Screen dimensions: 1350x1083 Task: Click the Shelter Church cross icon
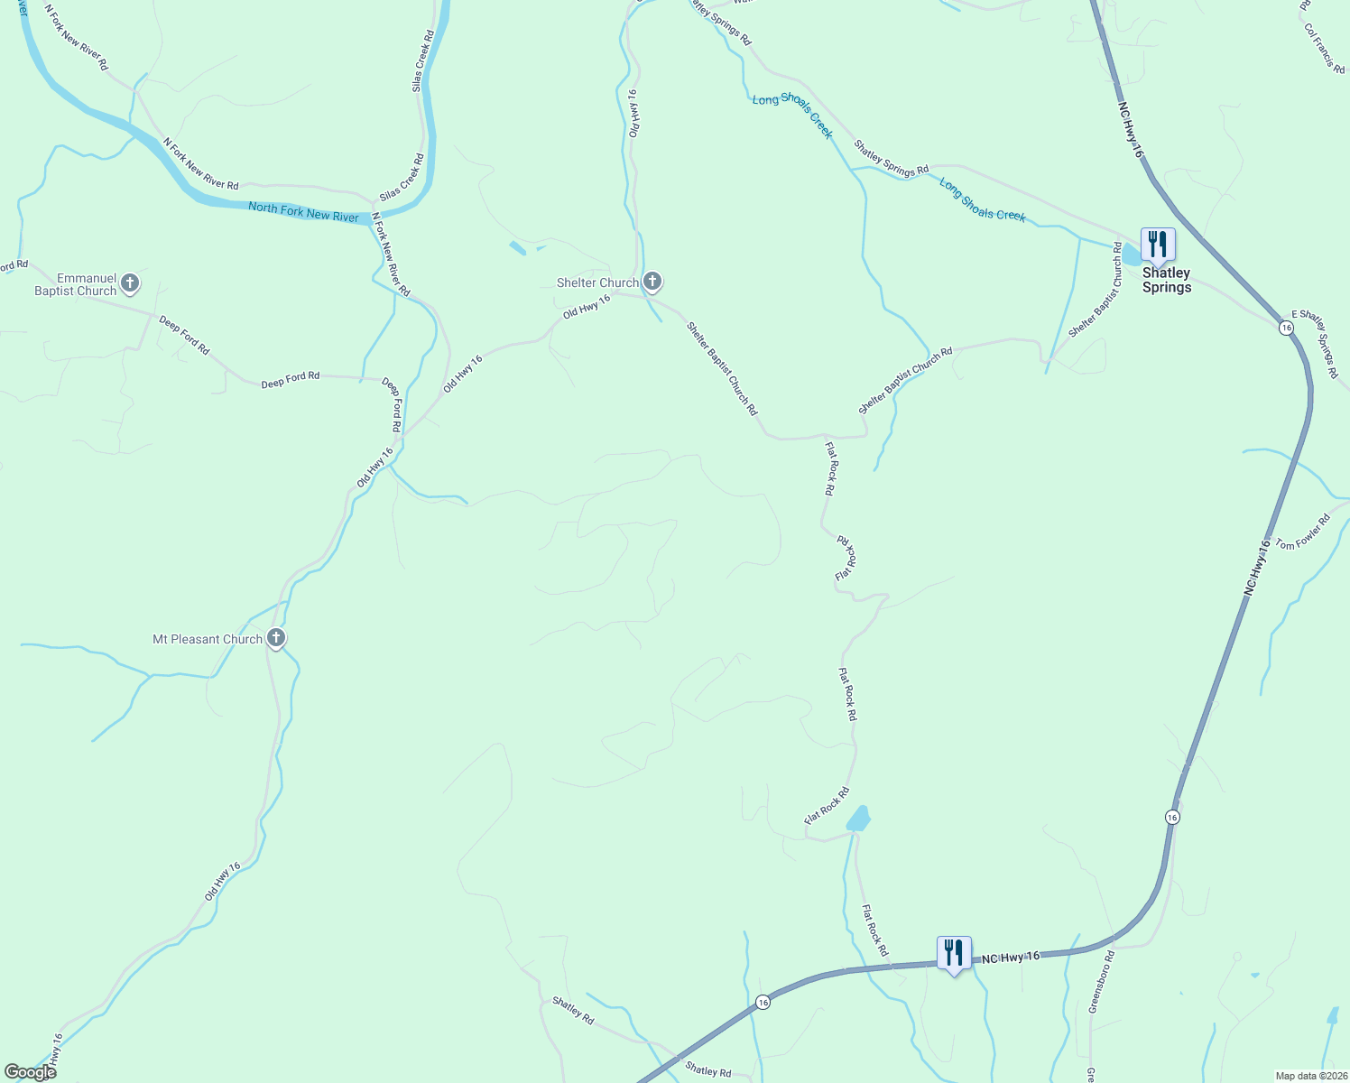(x=652, y=282)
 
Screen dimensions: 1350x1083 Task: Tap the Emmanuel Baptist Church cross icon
(x=130, y=284)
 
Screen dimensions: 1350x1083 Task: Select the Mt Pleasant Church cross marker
(x=276, y=638)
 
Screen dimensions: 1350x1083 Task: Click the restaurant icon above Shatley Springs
(x=1157, y=245)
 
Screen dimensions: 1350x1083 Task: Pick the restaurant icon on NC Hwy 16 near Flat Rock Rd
(x=953, y=953)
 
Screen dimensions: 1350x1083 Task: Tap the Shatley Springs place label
(x=1166, y=280)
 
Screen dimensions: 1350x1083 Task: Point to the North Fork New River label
(x=303, y=213)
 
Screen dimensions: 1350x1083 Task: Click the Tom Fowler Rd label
(x=1302, y=532)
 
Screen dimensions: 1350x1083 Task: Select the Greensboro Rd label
(x=1102, y=981)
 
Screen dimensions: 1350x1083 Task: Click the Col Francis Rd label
(x=1324, y=49)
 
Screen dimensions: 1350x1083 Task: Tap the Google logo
(x=30, y=1072)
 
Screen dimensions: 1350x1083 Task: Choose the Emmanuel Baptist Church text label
(x=76, y=285)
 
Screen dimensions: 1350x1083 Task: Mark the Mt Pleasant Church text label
(x=208, y=639)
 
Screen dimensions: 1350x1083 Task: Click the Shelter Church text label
(x=597, y=282)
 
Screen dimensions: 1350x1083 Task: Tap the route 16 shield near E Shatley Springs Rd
(x=1286, y=327)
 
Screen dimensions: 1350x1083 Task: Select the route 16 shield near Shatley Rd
(x=763, y=1003)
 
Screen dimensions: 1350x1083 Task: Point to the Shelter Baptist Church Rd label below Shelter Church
(x=722, y=368)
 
